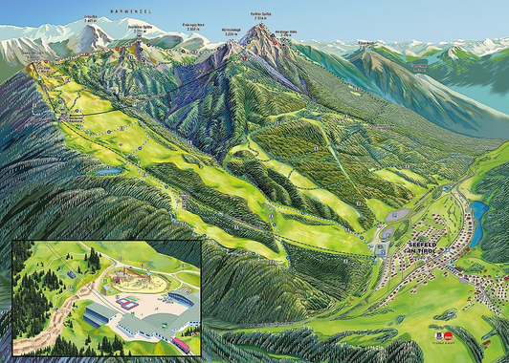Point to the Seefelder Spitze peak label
point(90,17)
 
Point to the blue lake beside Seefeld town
point(478,212)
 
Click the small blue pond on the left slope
point(111,172)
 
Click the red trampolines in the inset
point(127,301)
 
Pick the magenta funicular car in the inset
point(180,343)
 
